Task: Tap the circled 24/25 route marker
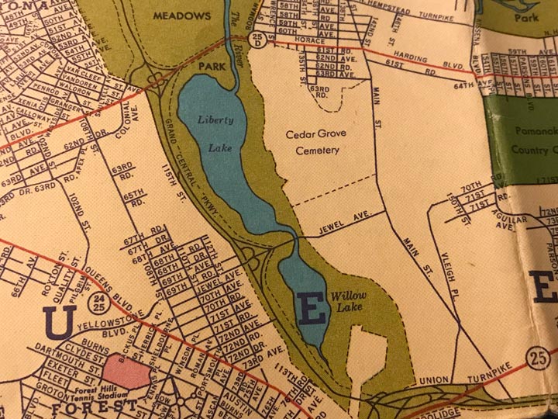click(98, 303)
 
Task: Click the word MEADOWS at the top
click(181, 15)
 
